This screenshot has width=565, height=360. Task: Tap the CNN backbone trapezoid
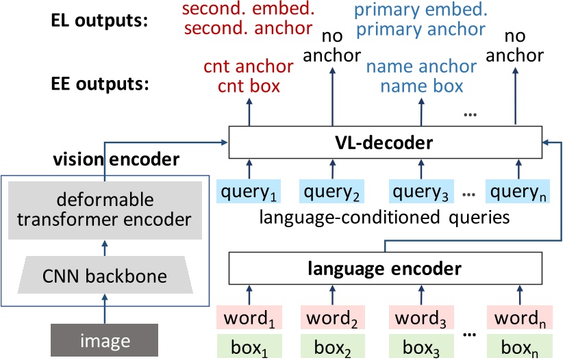pos(105,277)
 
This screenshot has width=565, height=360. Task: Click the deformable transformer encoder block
pos(105,211)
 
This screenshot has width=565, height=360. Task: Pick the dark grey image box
pos(105,339)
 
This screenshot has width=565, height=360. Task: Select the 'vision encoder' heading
pos(116,159)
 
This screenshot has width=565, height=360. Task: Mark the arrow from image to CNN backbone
pos(105,309)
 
